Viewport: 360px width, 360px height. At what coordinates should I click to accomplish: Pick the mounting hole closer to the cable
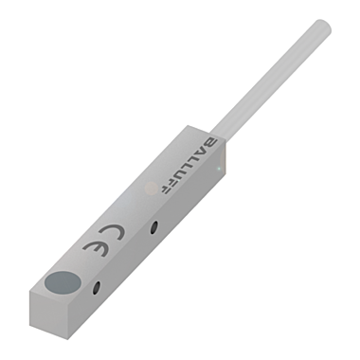pos(153,226)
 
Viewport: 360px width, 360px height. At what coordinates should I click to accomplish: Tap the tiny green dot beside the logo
pos(220,170)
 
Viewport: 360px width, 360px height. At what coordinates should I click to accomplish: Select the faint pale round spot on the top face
pos(149,189)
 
